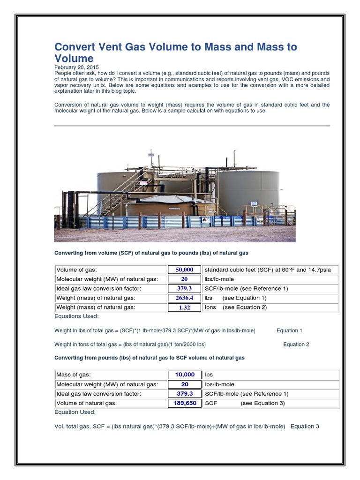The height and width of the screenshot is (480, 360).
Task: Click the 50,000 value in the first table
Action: coord(184,270)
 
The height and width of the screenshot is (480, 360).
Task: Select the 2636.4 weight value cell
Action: coord(184,298)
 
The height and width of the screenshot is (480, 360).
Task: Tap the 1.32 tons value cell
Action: coord(184,307)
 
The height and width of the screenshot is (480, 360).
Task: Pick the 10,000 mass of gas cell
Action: coord(184,375)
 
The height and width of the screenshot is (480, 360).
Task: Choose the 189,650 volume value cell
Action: coord(184,403)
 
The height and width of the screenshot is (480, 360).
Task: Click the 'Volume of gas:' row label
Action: coord(76,270)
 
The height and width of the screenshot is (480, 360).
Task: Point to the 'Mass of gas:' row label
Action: coord(73,375)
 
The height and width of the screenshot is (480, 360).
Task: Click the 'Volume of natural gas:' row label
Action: coord(86,403)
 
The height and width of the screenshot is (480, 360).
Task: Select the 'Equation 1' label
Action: coord(289,330)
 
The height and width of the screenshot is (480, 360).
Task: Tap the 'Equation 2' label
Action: coord(296,344)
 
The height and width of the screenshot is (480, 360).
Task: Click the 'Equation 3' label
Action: coord(305,426)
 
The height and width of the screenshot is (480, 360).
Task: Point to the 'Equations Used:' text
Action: coord(77,316)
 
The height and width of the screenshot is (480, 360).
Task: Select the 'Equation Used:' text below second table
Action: coord(75,412)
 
